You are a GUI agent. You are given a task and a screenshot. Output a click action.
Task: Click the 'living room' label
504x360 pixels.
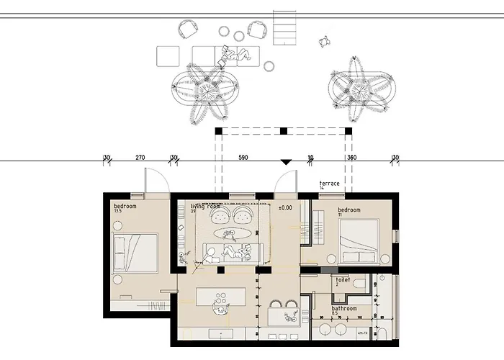coord(205,207)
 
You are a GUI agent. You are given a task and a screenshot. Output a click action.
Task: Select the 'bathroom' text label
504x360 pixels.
coord(344,309)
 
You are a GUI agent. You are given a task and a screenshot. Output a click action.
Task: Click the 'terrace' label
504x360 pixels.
coord(329,184)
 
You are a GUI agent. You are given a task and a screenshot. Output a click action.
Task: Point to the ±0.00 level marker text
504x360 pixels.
coord(285,207)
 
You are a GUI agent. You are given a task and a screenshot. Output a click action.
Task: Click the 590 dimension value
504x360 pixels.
coord(243,157)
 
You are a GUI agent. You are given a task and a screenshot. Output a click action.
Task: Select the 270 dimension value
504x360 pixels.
coord(140,157)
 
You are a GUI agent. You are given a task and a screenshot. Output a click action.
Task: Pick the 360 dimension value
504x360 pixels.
coord(351,157)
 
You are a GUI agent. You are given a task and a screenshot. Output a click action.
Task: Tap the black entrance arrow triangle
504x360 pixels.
coord(286,163)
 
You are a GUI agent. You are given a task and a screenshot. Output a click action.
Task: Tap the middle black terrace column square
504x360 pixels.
coord(284,131)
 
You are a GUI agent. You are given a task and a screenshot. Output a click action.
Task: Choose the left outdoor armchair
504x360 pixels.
coord(188,29)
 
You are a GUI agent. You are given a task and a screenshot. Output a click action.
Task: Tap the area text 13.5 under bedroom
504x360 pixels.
coord(119,212)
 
